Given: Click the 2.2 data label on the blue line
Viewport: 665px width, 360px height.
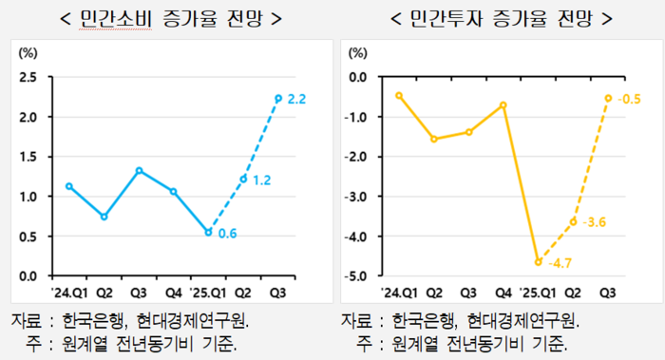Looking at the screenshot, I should [296, 99].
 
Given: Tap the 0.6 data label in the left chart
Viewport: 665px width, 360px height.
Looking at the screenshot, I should [227, 234].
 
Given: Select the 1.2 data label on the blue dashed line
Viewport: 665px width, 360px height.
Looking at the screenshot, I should [261, 180].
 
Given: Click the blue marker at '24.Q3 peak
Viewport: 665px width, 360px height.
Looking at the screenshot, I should [140, 171].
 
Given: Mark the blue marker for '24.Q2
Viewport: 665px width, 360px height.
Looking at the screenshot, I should [104, 217].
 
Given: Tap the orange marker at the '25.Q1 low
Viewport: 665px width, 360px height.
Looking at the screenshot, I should [539, 261].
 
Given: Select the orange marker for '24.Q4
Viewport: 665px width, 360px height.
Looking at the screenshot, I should [503, 104].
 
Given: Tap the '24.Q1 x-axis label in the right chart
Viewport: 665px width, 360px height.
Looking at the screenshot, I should [399, 293].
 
